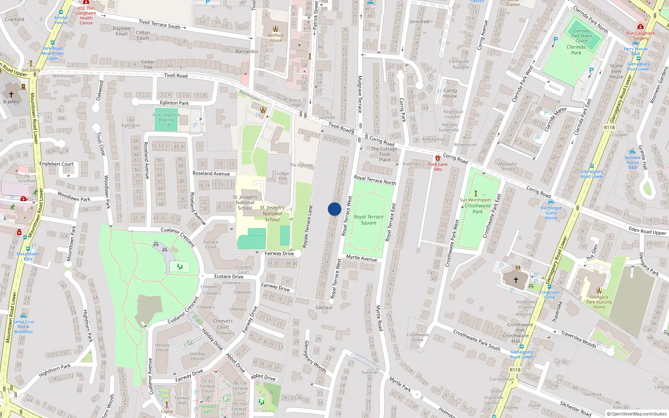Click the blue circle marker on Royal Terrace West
[x=334, y=209]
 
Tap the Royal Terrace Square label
[x=368, y=220]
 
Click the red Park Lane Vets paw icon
[x=437, y=158]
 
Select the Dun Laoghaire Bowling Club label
[x=166, y=120]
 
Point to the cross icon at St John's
[x=11, y=94]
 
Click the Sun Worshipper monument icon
[x=475, y=194]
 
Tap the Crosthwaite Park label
[x=477, y=209]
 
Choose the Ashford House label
[x=276, y=38]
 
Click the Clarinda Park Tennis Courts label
[x=582, y=36]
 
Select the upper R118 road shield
[x=609, y=127]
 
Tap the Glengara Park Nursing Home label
[x=599, y=302]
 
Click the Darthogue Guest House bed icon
[x=551, y=202]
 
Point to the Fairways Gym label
[x=207, y=409]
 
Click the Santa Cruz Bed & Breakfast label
[x=23, y=326]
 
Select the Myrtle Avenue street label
[x=362, y=258]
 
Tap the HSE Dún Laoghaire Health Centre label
[x=86, y=15]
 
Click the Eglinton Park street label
[x=174, y=103]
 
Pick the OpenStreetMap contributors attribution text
[x=636, y=414]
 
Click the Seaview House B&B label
[x=632, y=162]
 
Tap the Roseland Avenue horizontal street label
[x=211, y=173]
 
